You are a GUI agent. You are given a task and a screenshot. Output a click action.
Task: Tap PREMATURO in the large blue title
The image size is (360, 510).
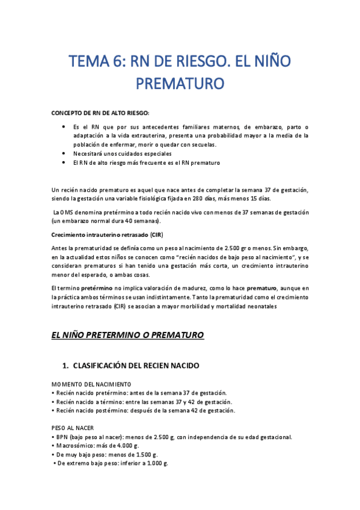tap(180, 82)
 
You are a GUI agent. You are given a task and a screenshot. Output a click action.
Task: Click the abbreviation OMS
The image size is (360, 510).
tap(66, 212)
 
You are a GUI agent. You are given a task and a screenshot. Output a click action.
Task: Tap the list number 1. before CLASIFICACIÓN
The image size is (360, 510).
tap(66, 366)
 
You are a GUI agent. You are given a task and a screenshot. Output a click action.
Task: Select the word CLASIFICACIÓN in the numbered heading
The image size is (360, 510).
tap(108, 366)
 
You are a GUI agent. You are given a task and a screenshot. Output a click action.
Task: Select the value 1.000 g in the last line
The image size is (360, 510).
tap(155, 464)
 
